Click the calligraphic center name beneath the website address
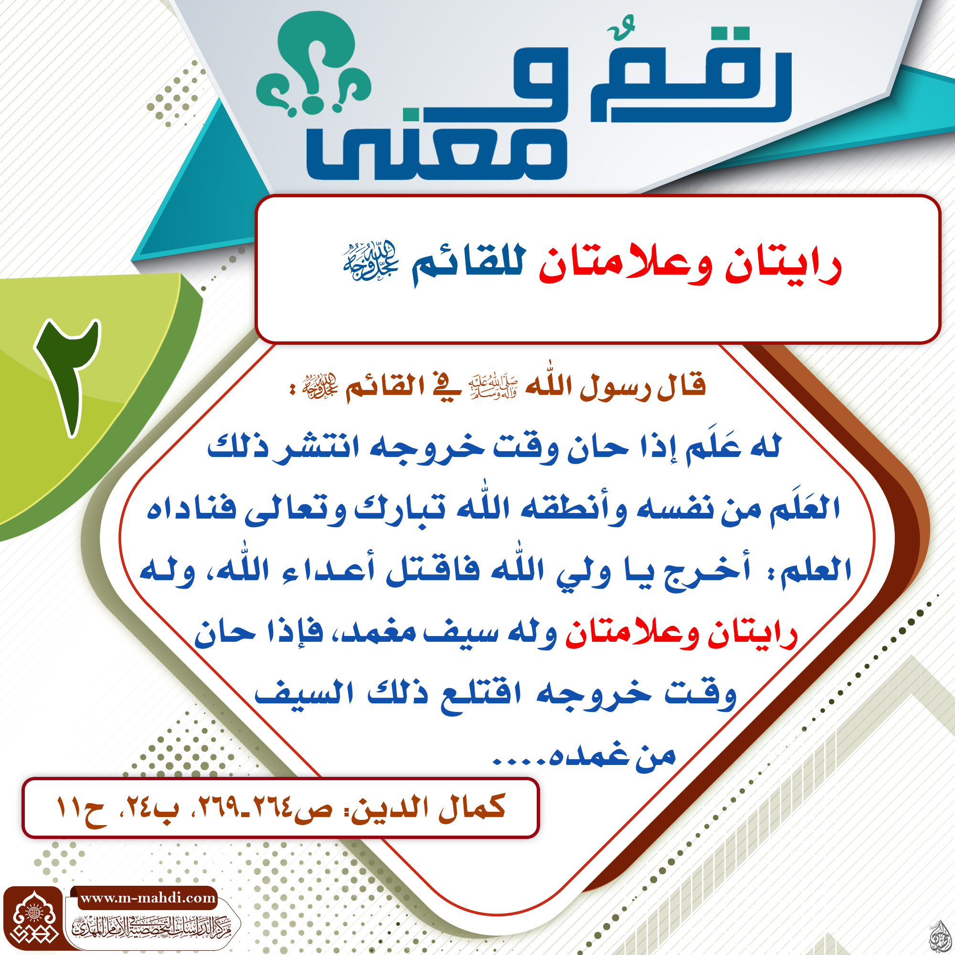pyautogui.click(x=152, y=926)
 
